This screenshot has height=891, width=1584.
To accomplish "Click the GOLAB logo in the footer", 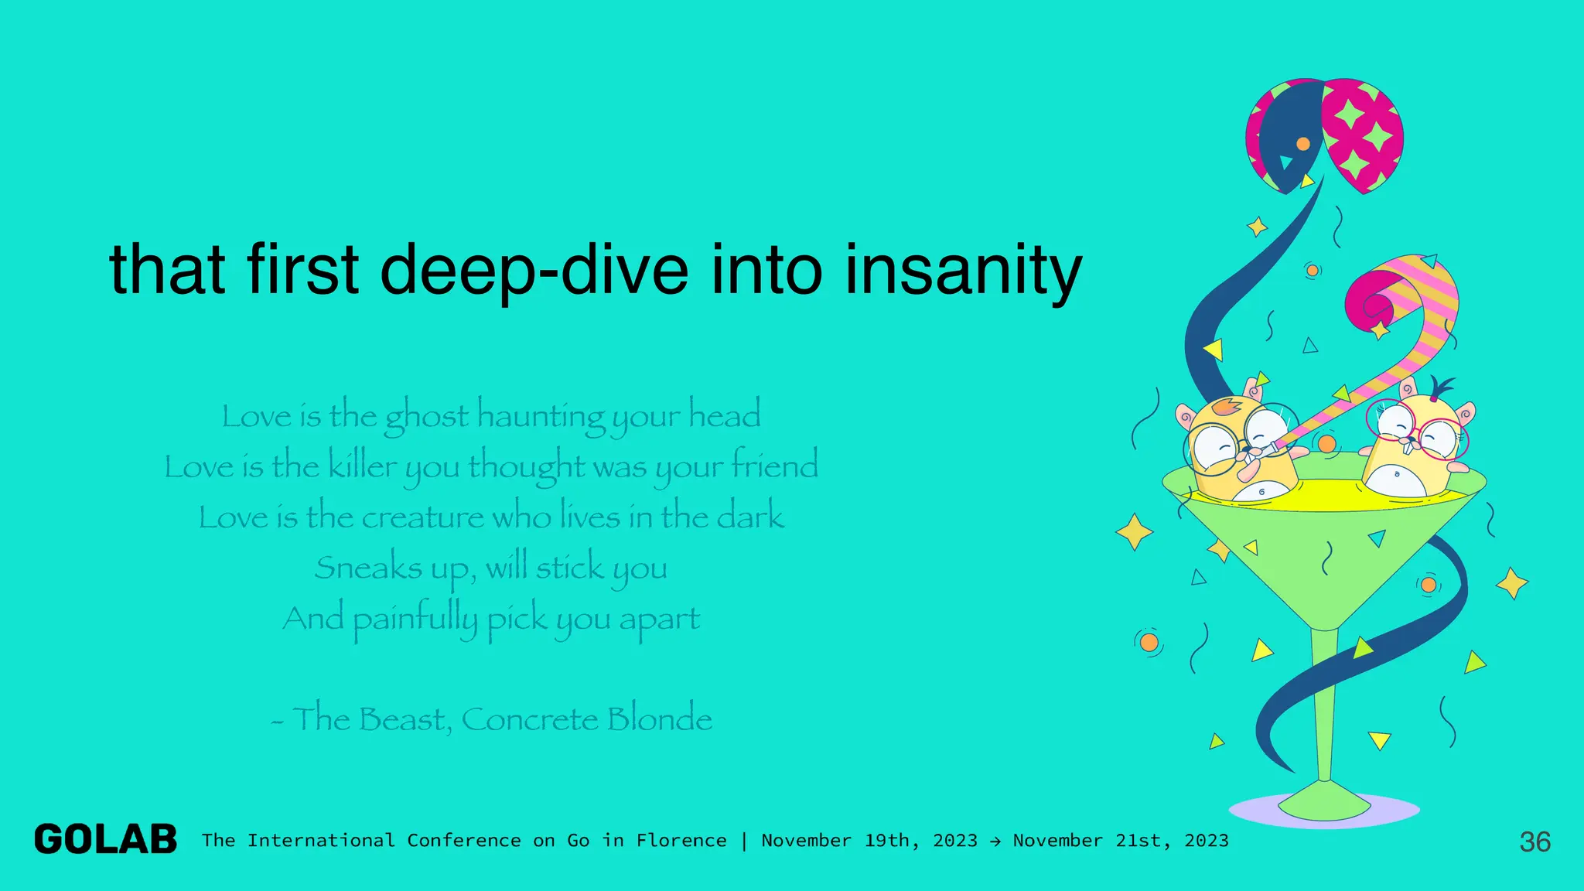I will pyautogui.click(x=105, y=840).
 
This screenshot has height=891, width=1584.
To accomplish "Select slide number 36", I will pyautogui.click(x=1534, y=841).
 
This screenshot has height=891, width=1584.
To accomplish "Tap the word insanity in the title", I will pyautogui.click(x=963, y=270).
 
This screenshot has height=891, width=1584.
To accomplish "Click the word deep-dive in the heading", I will pyautogui.click(x=534, y=270).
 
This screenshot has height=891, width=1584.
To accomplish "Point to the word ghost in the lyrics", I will pyautogui.click(x=426, y=417).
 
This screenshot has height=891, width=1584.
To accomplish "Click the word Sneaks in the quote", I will pyautogui.click(x=368, y=568).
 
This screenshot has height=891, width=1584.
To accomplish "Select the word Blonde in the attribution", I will pyautogui.click(x=659, y=719).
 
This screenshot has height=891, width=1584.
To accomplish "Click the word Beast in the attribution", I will pyautogui.click(x=403, y=719).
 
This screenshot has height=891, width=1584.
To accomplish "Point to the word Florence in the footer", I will pyautogui.click(x=681, y=841).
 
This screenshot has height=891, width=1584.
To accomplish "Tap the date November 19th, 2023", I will pyautogui.click(x=869, y=841).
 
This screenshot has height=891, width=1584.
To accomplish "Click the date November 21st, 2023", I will pyautogui.click(x=1121, y=841).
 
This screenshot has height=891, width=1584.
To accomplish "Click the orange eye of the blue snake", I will pyautogui.click(x=1303, y=144).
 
